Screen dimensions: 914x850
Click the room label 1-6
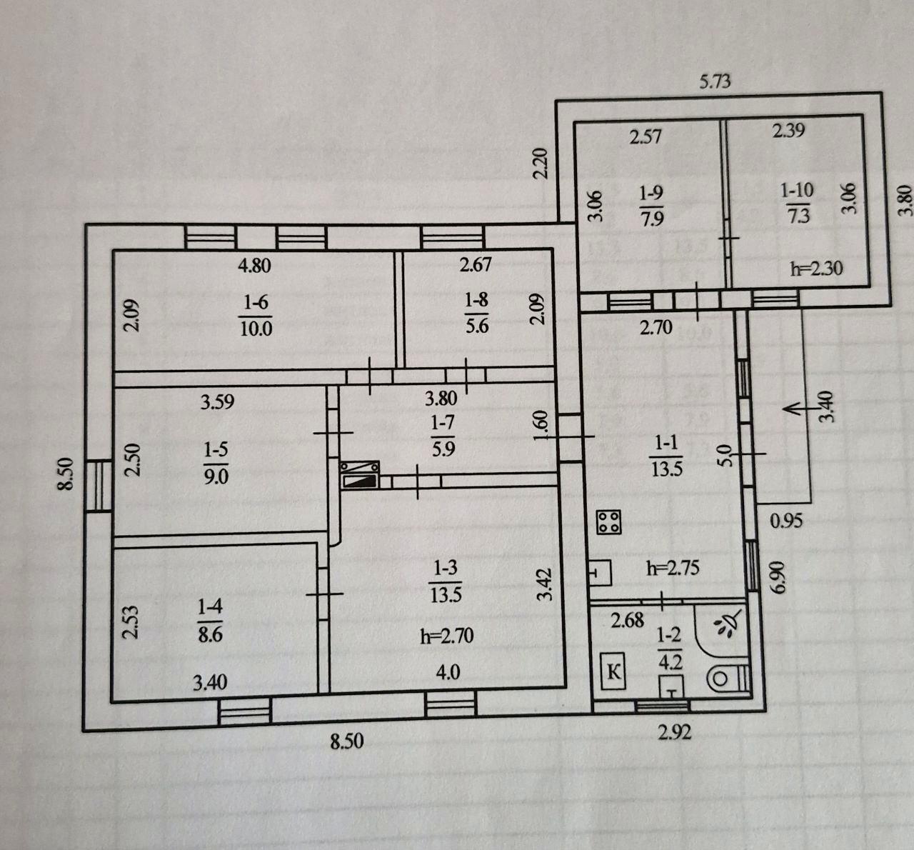pyautogui.click(x=256, y=303)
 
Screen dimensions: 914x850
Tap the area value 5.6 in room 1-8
pyautogui.click(x=477, y=326)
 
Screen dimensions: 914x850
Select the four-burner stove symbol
pyautogui.click(x=609, y=521)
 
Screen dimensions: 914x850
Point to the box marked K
pyautogui.click(x=613, y=672)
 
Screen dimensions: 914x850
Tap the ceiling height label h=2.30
pyautogui.click(x=816, y=268)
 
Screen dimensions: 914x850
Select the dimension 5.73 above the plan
pyautogui.click(x=715, y=81)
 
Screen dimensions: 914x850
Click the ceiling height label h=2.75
pyautogui.click(x=673, y=568)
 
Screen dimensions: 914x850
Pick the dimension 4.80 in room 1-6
pyautogui.click(x=254, y=266)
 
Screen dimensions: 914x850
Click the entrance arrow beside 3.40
pyautogui.click(x=800, y=409)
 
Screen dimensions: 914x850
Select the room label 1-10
pyautogui.click(x=797, y=190)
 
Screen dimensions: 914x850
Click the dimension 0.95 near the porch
pyautogui.click(x=786, y=521)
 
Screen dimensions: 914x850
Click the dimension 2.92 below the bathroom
pyautogui.click(x=675, y=732)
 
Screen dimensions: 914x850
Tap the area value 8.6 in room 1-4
pyautogui.click(x=211, y=634)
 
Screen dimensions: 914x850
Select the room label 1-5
pyautogui.click(x=216, y=449)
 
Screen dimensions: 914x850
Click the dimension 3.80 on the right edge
pyautogui.click(x=905, y=200)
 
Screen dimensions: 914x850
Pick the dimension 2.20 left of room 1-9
pyautogui.click(x=541, y=163)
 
